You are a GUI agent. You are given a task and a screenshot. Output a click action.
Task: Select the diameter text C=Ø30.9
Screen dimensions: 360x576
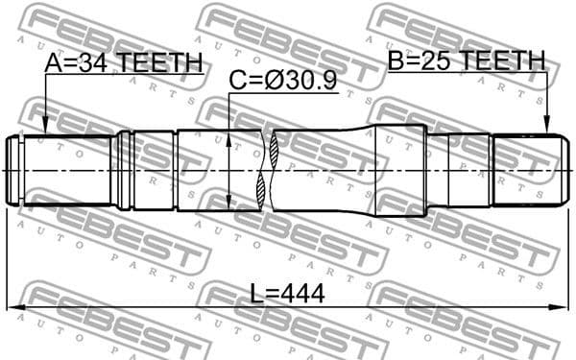[x=282, y=82]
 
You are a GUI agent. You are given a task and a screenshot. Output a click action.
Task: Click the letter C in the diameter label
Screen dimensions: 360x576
[x=236, y=82]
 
